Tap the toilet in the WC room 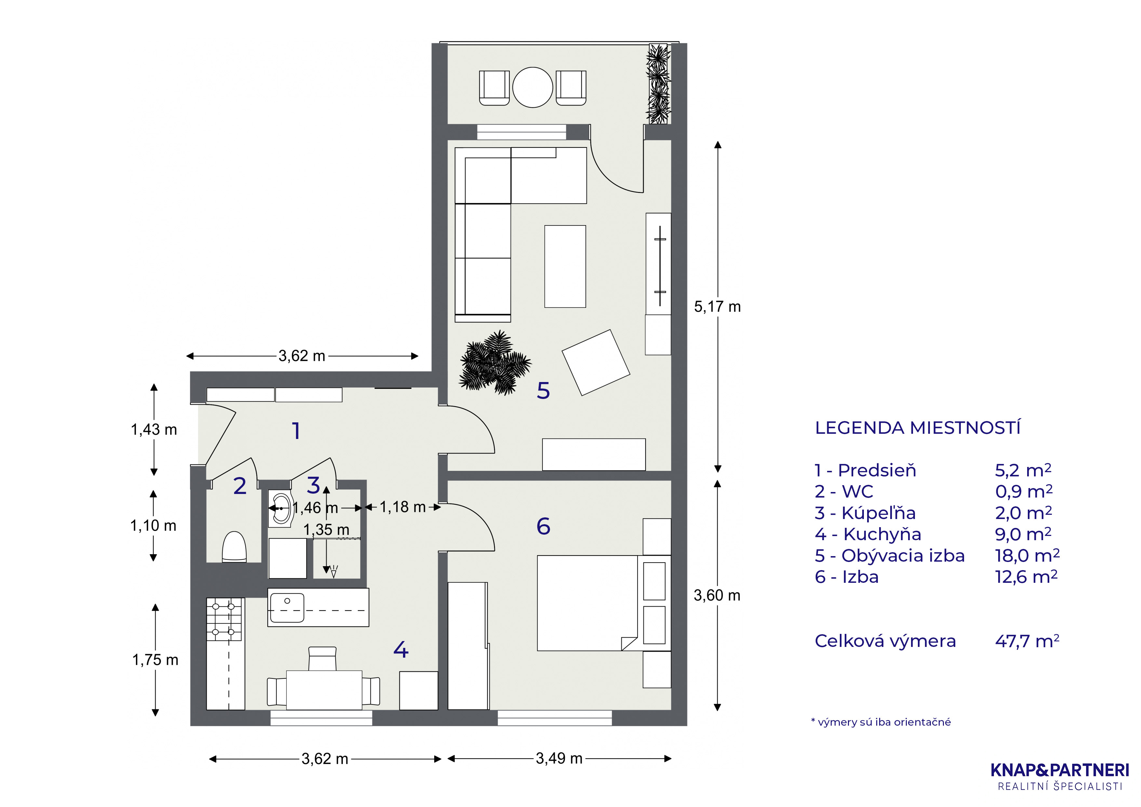pos(234,547)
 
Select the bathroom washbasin pos(282,509)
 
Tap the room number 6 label pos(543,526)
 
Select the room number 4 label pos(400,650)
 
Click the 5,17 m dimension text pos(717,307)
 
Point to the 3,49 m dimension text pos(559,758)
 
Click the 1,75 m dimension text pos(155,660)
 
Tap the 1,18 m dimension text pos(403,507)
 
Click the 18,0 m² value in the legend pos(1027,555)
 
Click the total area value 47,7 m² pos(1027,641)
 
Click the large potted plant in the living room pos(494,362)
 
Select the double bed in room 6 pos(587,603)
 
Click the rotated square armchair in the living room pos(596,362)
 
